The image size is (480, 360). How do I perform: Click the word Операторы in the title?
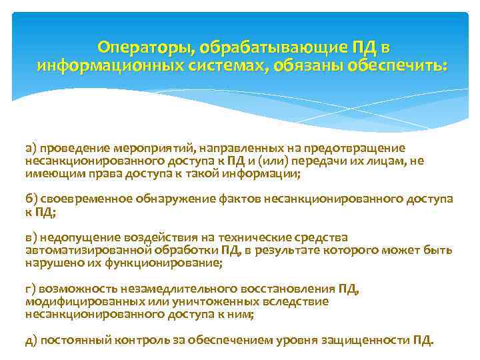[x=139, y=48]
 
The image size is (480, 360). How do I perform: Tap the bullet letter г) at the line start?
[x=31, y=289]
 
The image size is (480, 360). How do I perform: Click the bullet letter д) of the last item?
[x=31, y=340]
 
